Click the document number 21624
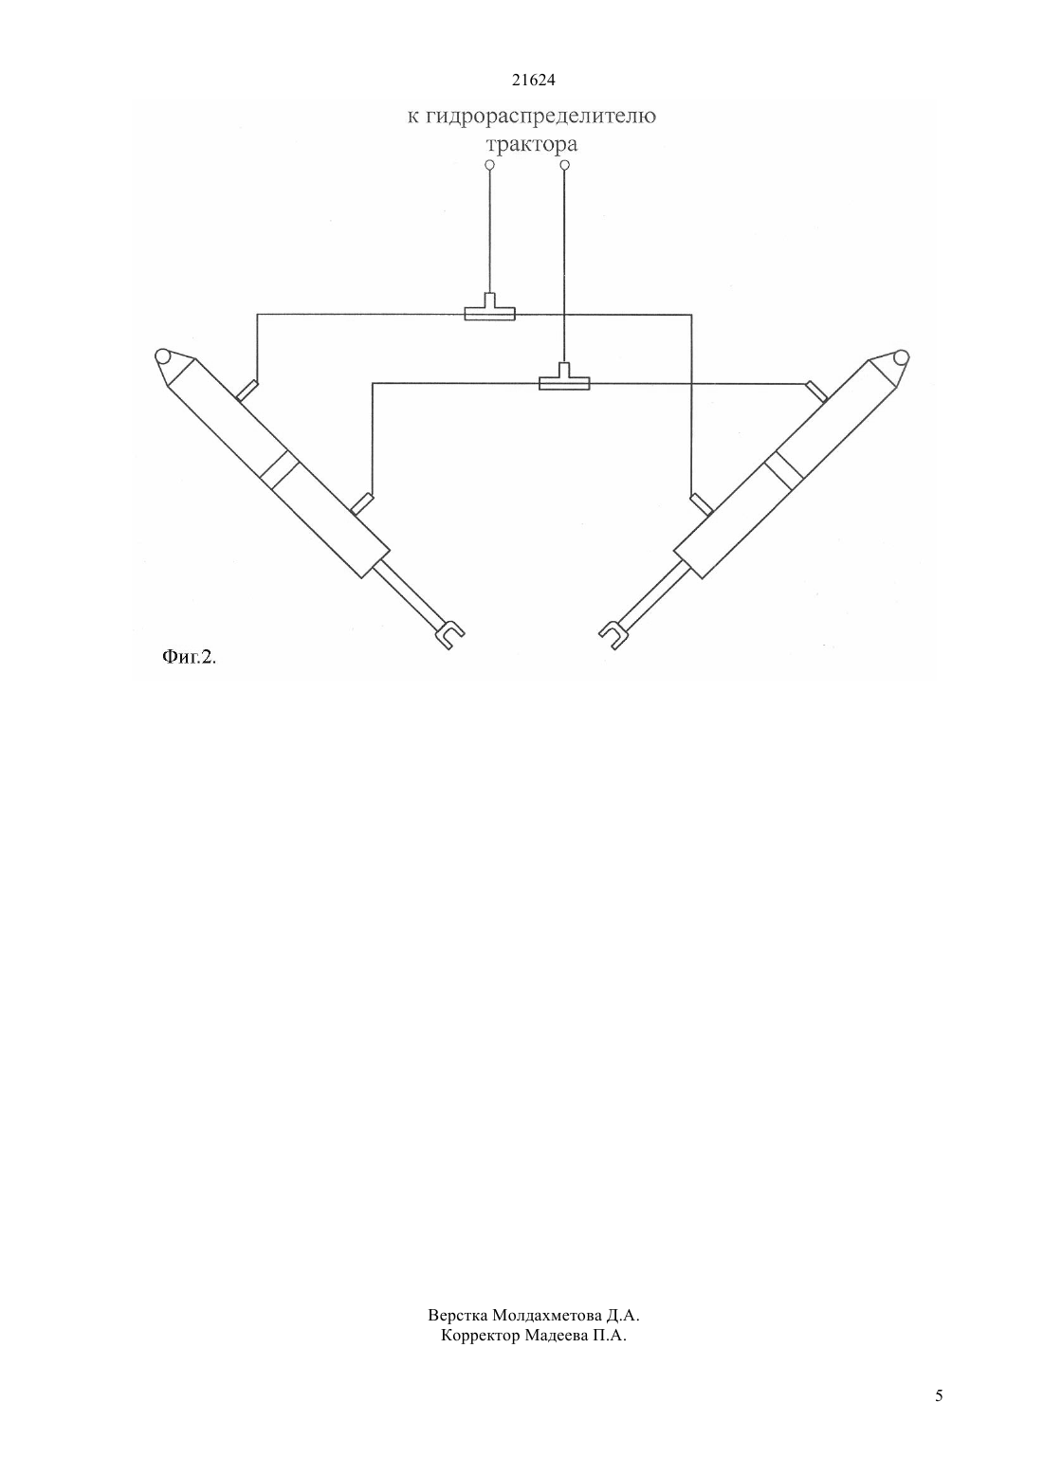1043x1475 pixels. (x=533, y=81)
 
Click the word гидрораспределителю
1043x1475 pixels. (x=540, y=118)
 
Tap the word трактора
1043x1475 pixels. (x=531, y=144)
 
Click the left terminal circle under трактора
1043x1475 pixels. (x=489, y=165)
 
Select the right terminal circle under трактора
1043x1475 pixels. (x=564, y=165)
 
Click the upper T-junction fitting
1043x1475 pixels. (x=489, y=308)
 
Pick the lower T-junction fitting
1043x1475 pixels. (x=564, y=377)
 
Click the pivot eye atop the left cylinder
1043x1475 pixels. (x=163, y=356)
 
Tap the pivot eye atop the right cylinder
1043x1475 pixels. (x=900, y=356)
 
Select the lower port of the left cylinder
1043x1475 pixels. (x=362, y=504)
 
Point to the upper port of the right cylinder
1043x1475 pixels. (x=815, y=392)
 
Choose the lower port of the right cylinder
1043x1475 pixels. (x=702, y=504)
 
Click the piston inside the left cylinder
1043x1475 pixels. (x=280, y=469)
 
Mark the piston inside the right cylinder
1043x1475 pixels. (x=783, y=470)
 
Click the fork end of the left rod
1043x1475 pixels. (x=449, y=635)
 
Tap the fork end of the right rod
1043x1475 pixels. (x=613, y=635)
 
